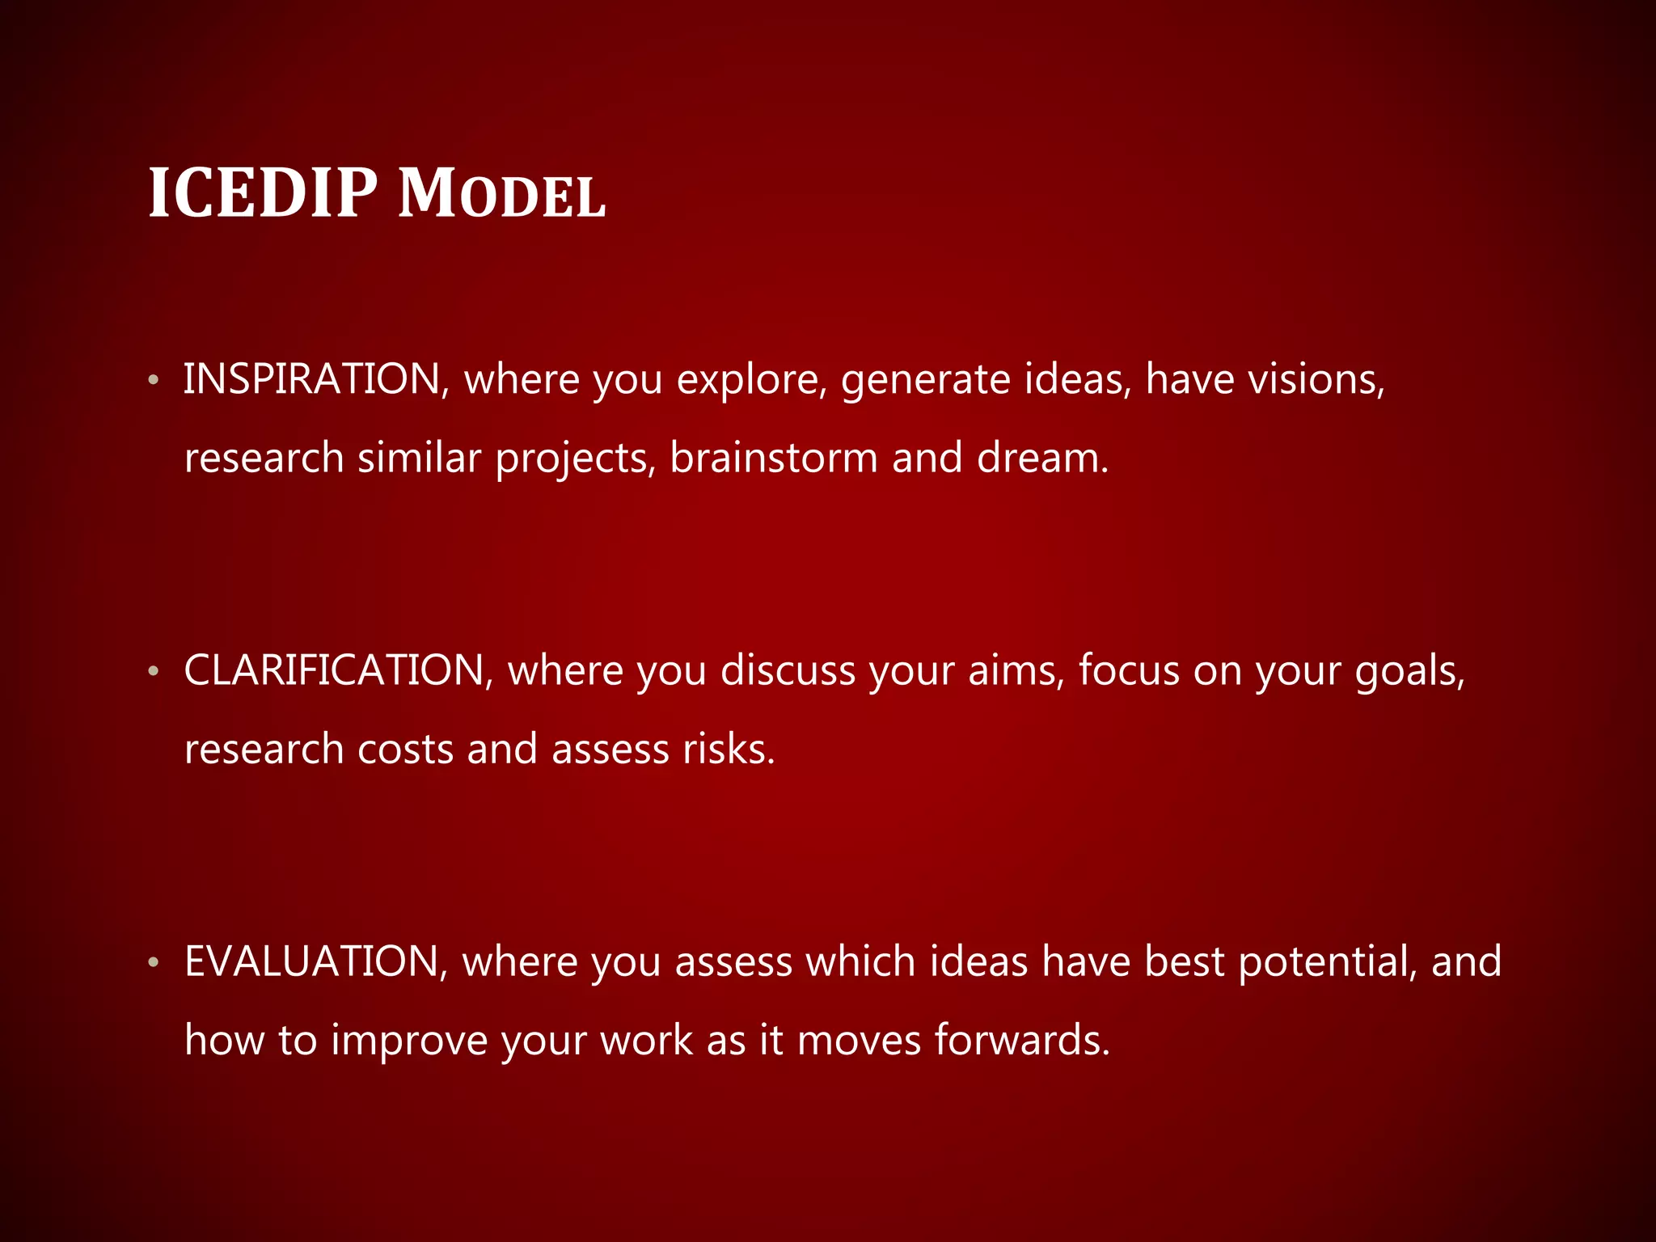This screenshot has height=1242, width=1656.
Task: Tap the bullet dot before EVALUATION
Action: (154, 962)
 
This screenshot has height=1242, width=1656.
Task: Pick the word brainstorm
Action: (774, 458)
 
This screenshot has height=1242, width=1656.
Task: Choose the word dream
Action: (1041, 458)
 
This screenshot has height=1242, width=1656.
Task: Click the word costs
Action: (405, 749)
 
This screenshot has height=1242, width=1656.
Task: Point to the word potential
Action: (1327, 962)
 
